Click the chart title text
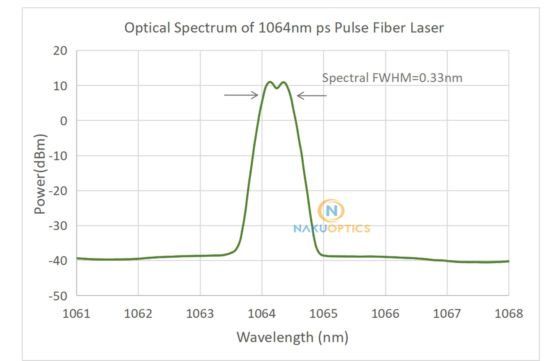(x=284, y=28)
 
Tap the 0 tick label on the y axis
(x=64, y=121)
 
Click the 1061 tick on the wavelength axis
(x=77, y=313)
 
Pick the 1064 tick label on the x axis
(x=262, y=313)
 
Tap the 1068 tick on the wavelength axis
(x=509, y=313)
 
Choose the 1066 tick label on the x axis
(x=385, y=313)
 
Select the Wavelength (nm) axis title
(x=292, y=337)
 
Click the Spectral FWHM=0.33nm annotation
(x=392, y=78)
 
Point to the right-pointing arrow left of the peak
(x=241, y=95)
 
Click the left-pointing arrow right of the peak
(x=311, y=96)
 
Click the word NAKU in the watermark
(x=309, y=228)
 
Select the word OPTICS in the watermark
(x=348, y=228)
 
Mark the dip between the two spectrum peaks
(x=276, y=88)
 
